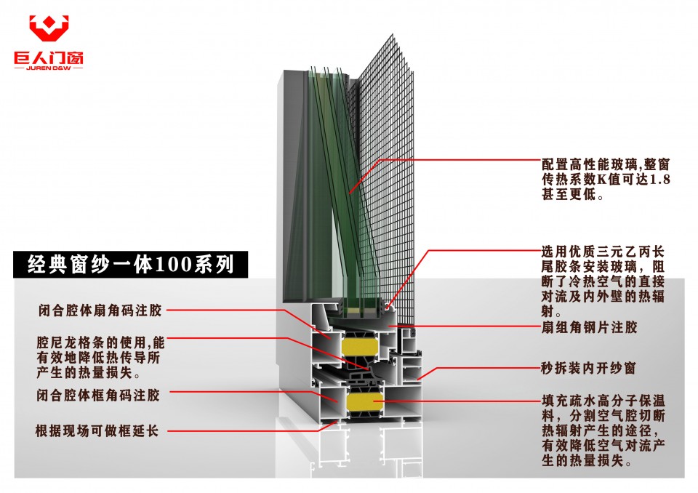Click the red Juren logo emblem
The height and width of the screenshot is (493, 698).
click(x=49, y=28)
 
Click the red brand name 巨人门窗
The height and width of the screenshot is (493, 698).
click(x=49, y=58)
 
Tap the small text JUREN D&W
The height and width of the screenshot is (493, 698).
click(x=49, y=68)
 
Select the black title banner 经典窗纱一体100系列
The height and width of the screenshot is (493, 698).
click(x=130, y=265)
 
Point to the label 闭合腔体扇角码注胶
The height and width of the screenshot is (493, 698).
click(x=100, y=310)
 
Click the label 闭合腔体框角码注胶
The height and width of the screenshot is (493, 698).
click(x=98, y=395)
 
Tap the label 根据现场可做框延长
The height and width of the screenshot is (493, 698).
click(x=97, y=430)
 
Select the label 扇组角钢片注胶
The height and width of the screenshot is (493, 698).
click(x=589, y=327)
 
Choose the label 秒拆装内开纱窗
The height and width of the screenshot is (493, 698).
click(x=588, y=368)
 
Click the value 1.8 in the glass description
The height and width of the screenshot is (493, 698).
click(x=660, y=180)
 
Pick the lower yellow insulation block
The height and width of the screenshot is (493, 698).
click(x=364, y=401)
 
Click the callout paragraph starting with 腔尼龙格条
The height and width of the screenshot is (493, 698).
click(x=100, y=357)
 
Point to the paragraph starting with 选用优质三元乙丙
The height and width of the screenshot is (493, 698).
click(x=603, y=281)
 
